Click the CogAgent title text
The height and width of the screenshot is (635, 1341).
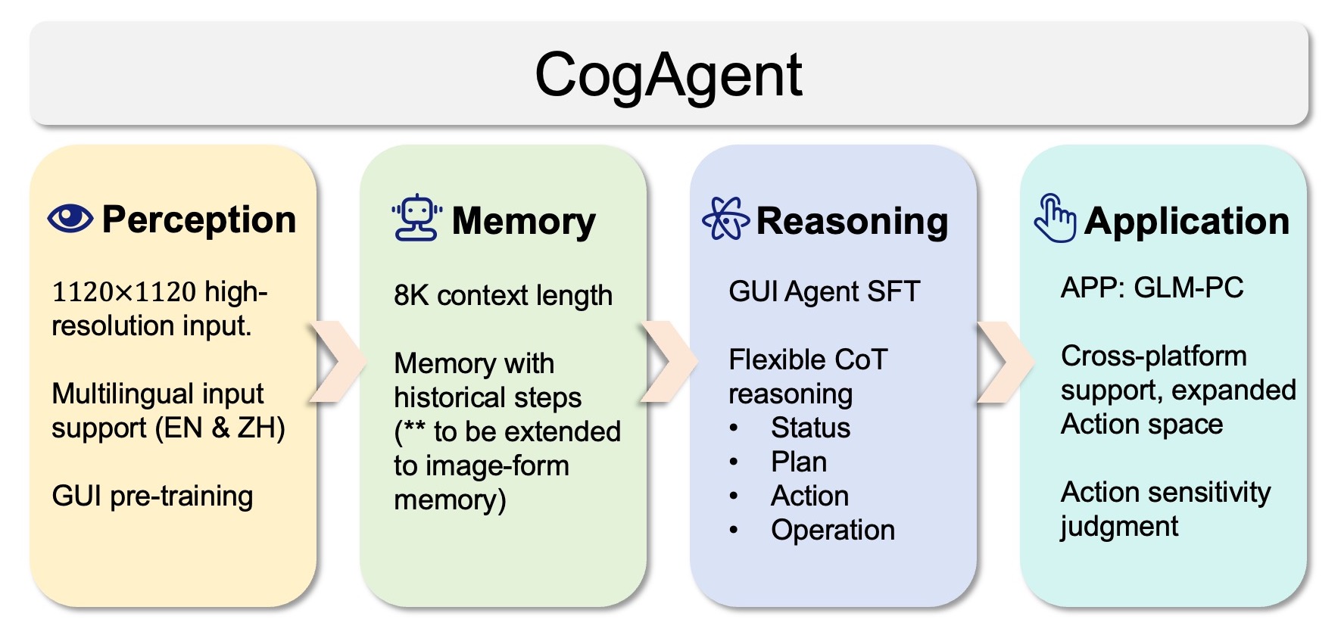(668, 75)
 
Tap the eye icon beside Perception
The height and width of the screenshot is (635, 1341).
(70, 219)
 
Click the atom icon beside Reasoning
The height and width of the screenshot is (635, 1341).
(725, 218)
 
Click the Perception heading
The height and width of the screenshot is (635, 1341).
(198, 220)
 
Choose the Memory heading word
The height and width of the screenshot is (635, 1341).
(523, 222)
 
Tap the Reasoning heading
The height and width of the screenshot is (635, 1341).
(852, 222)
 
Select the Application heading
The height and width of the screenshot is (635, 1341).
(1186, 222)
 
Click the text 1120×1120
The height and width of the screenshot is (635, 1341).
(123, 292)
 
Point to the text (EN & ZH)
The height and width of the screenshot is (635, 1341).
(220, 428)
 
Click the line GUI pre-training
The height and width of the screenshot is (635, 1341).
(152, 496)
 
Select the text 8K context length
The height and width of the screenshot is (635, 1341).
(503, 295)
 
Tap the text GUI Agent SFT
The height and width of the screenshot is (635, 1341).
(824, 291)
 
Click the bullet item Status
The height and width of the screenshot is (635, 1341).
(810, 428)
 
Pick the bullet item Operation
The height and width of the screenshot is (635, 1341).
(832, 531)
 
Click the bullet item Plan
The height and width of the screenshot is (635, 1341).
(798, 462)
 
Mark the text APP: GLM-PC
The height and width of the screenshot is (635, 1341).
(1152, 288)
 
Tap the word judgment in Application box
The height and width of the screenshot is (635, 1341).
(1119, 527)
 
